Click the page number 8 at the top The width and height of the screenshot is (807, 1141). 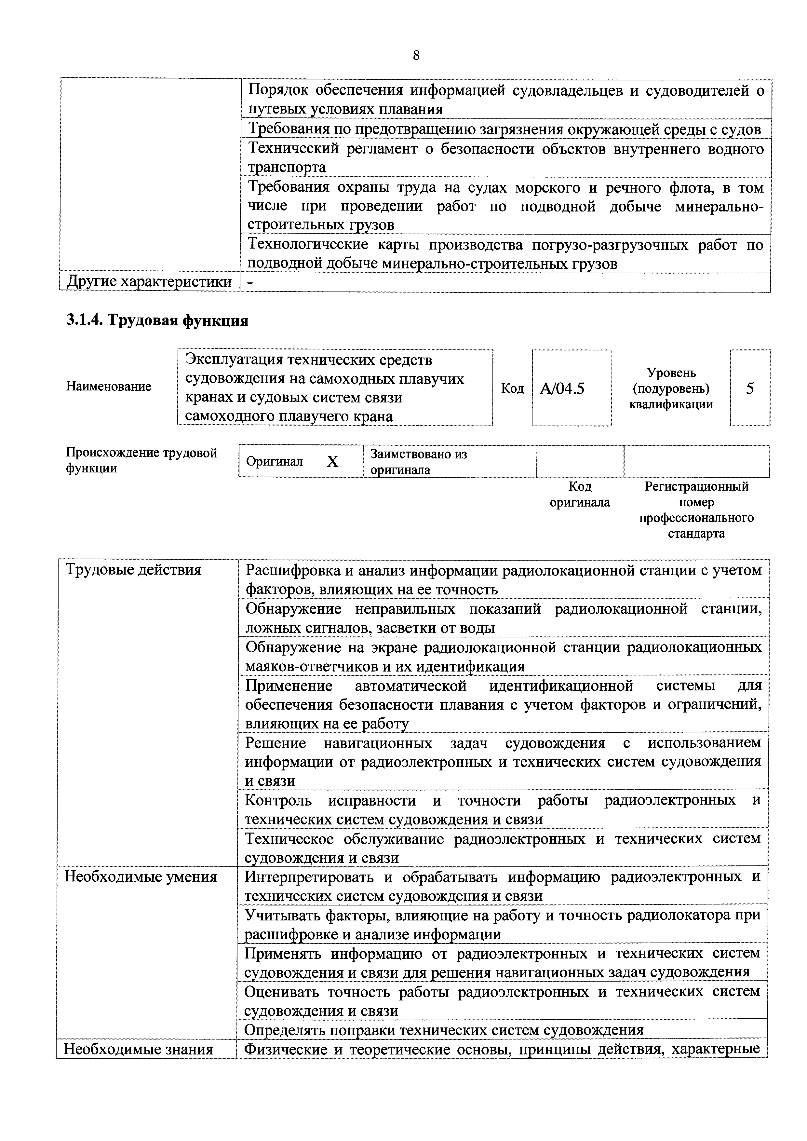(x=416, y=55)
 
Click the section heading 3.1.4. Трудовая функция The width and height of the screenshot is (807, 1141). (x=157, y=320)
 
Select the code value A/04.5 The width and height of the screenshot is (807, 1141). (x=562, y=388)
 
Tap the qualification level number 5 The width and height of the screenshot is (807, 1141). (x=749, y=388)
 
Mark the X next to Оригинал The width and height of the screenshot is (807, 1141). (x=332, y=462)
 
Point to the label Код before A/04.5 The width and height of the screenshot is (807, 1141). (x=512, y=388)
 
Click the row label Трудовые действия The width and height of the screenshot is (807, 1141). (x=134, y=569)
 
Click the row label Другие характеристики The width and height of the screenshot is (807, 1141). (x=149, y=282)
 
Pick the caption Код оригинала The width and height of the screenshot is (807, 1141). (x=579, y=494)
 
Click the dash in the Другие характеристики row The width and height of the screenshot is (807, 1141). (x=250, y=282)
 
